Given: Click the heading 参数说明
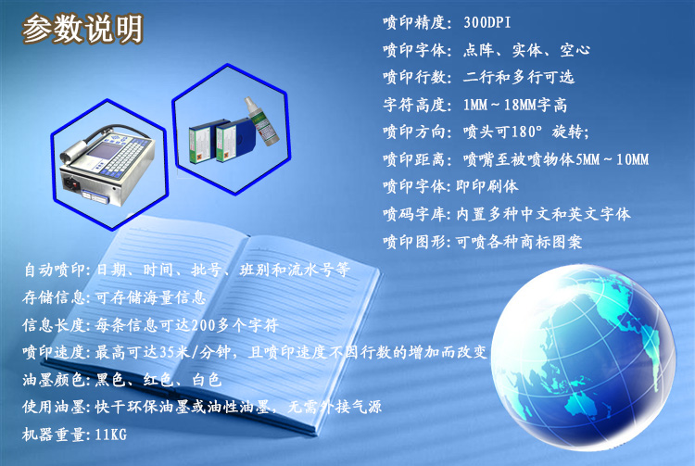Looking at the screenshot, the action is point(82,29).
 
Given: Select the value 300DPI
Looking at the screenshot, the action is point(487,22).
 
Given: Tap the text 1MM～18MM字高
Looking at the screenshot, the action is point(514,105).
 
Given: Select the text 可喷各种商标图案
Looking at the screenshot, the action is point(519,242).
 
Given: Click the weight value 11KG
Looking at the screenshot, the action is point(111,435).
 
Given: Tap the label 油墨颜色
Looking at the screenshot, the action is point(54,380).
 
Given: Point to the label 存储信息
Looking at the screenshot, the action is point(54,297).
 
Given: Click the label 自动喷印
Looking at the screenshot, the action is point(55,270).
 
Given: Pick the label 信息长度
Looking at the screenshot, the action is point(54,325).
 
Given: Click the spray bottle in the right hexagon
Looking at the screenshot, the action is point(262,121).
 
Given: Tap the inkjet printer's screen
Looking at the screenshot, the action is point(103,151).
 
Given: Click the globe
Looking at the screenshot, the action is point(584,357).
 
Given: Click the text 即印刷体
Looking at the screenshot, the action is point(487,186).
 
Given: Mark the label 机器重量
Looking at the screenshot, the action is point(54,435).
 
